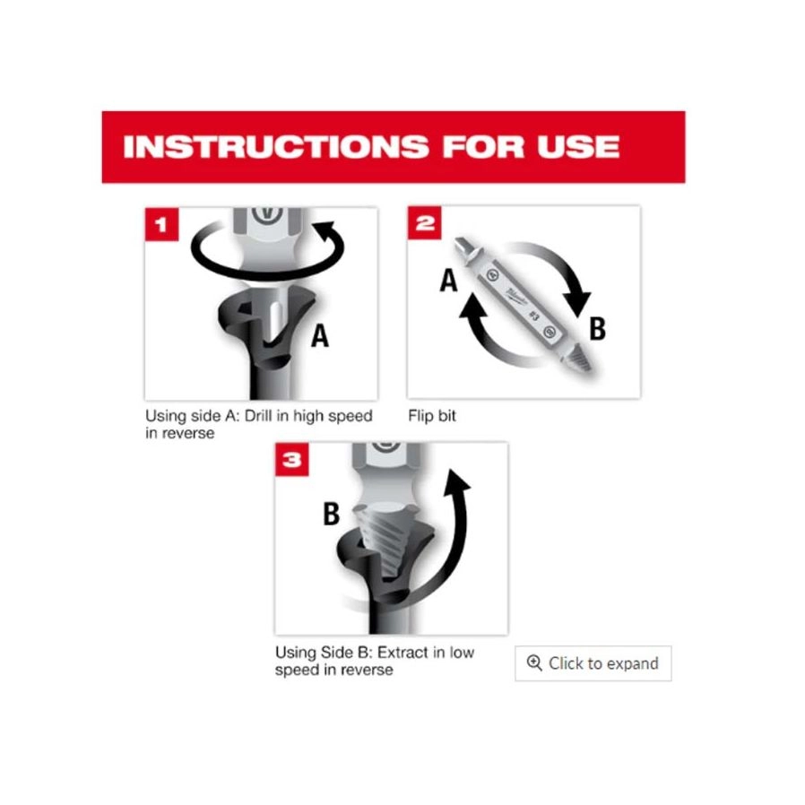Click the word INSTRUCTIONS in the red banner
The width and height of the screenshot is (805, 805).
(276, 146)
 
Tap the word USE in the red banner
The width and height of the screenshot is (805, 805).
(578, 146)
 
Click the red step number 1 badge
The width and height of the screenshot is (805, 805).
(161, 224)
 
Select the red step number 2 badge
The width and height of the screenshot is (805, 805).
(425, 223)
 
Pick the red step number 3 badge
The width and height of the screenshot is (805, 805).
(292, 459)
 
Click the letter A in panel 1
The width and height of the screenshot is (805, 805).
(320, 336)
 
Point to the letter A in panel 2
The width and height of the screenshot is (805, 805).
(448, 281)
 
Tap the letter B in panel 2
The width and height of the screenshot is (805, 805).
(597, 329)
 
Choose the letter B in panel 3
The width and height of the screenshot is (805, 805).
(331, 514)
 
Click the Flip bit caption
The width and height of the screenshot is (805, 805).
(432, 415)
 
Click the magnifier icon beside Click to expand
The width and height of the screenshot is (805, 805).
(534, 662)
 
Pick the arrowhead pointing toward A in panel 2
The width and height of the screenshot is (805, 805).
(472, 309)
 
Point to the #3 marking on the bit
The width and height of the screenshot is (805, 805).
(534, 316)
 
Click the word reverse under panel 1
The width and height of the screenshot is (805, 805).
(186, 433)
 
